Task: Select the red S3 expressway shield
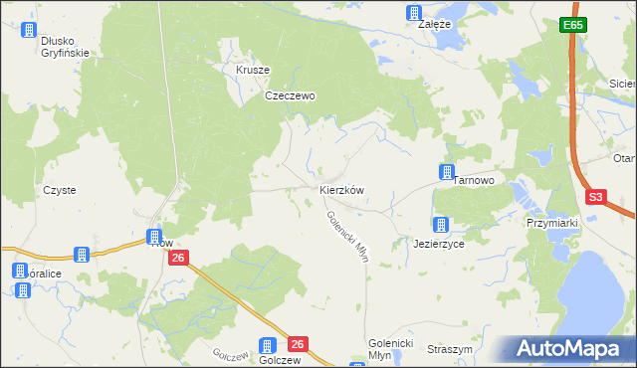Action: coord(595,197)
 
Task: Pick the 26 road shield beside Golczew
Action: coord(297,344)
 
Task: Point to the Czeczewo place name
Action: coord(290,96)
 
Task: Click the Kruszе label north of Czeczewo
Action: coord(253,71)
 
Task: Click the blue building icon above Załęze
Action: coord(414,13)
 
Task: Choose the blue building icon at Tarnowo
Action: coord(448,172)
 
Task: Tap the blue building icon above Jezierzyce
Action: coord(440,226)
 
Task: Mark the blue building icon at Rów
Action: coord(155,237)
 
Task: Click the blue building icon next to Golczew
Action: coord(267,345)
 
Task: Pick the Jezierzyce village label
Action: coord(439,243)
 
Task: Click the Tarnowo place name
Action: coord(474,180)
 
